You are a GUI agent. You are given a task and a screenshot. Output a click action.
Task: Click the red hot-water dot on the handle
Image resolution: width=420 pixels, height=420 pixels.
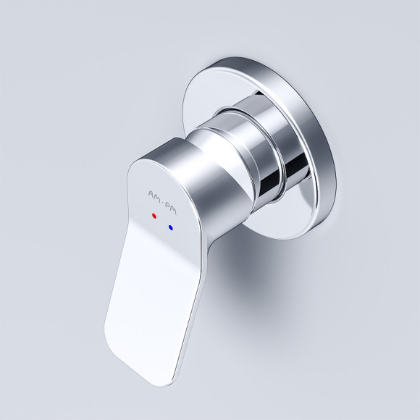154,217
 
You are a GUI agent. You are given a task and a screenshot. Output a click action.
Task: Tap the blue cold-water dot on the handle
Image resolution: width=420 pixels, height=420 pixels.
171,227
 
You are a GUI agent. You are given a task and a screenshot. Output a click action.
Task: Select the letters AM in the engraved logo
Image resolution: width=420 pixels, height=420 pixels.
154,193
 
